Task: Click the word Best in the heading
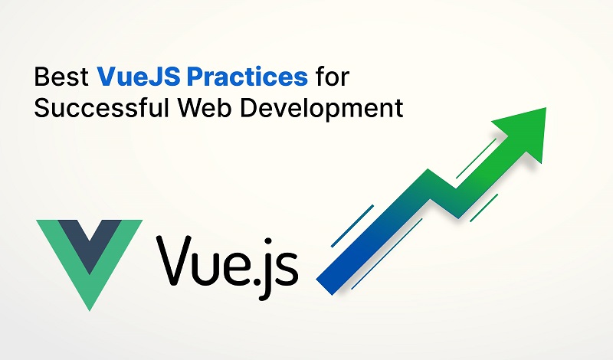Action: coord(61,77)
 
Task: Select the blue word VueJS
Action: coord(139,77)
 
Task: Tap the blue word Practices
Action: coord(247,77)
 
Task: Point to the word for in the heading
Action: coord(333,77)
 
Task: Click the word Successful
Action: coord(102,107)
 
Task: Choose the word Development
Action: coord(321,108)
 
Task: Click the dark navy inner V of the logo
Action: coord(90,242)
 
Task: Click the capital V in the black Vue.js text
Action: coord(175,260)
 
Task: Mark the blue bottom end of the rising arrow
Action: coord(324,286)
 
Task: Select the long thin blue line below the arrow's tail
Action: coord(386,254)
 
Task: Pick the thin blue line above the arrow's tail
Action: coord(352,226)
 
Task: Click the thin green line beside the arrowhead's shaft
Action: coord(476,159)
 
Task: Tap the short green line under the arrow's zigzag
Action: coord(484,208)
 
